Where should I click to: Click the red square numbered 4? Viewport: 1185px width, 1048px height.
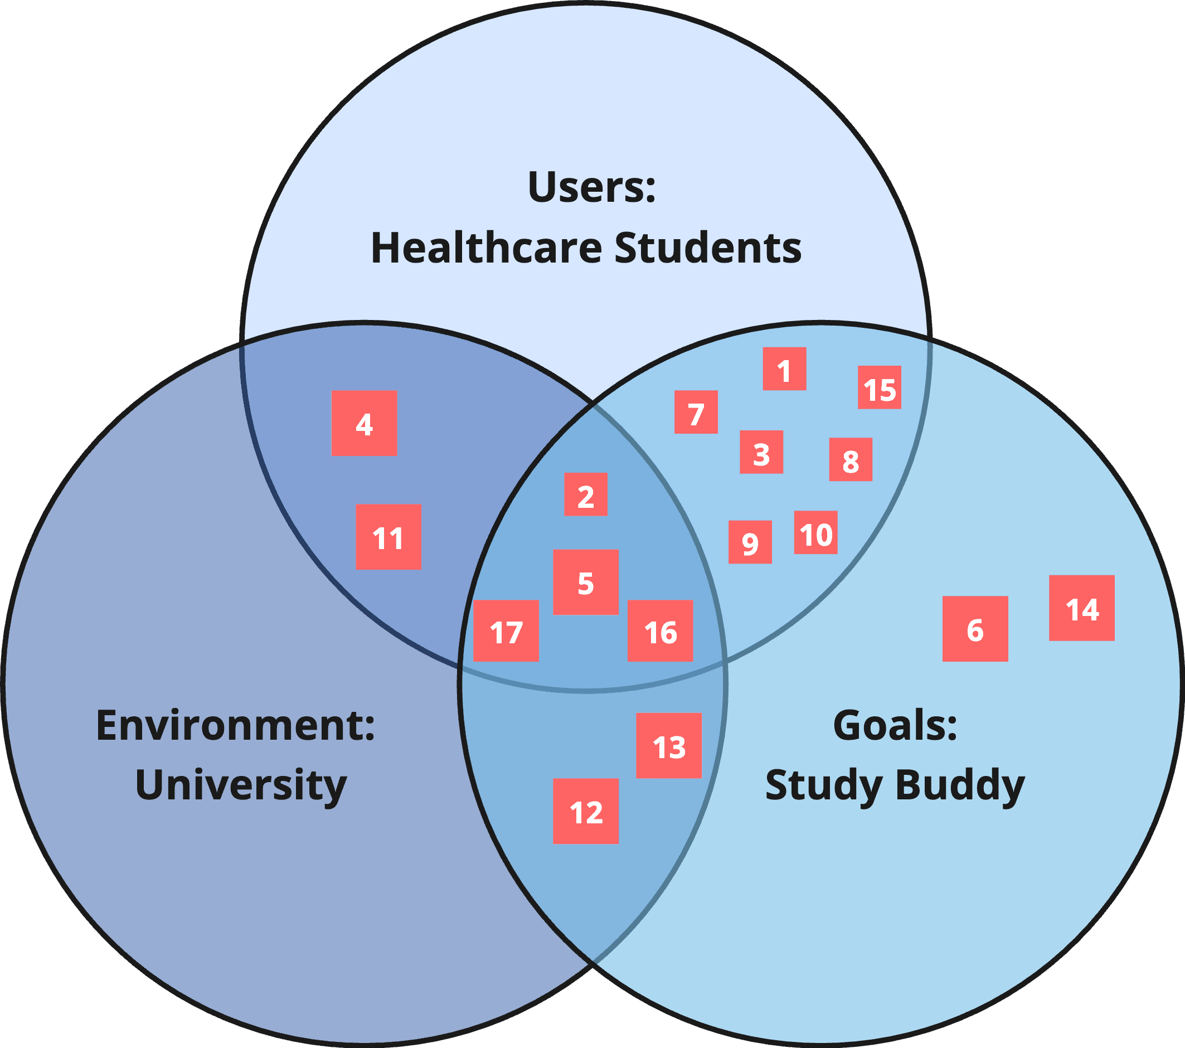[363, 423]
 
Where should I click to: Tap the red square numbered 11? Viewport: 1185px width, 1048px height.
[388, 536]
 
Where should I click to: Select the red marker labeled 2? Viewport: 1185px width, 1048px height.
[586, 494]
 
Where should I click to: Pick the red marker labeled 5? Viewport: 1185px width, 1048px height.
[586, 582]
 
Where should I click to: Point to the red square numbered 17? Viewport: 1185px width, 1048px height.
[506, 631]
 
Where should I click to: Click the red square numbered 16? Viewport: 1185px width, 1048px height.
[660, 631]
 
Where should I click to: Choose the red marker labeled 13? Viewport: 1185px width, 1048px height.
[668, 745]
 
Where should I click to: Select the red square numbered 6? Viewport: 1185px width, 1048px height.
[974, 629]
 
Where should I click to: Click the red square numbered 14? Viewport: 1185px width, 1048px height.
[1081, 608]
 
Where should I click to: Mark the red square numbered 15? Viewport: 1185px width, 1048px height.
[879, 387]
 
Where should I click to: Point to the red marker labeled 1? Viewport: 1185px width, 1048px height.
[784, 369]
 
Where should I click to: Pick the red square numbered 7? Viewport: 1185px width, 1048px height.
[696, 412]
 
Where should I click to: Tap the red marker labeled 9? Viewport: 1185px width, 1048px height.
[750, 542]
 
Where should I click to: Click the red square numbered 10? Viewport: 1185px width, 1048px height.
[815, 532]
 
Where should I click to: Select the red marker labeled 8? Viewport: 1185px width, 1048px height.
[850, 459]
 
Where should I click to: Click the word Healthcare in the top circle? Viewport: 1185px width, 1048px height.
[487, 248]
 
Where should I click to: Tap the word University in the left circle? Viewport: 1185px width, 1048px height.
[241, 785]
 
